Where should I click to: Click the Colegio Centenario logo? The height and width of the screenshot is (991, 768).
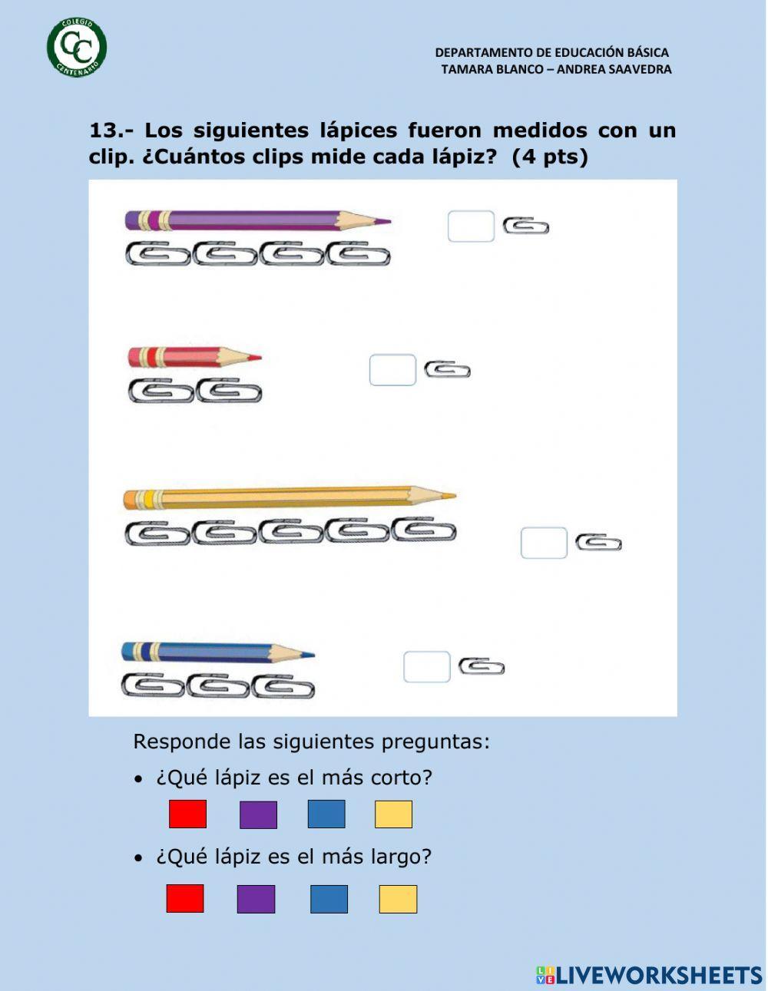coord(77,48)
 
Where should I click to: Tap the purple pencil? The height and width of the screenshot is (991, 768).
coord(257,221)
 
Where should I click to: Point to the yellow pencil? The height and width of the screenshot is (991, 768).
coord(289,497)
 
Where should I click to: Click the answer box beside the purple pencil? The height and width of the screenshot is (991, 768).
coord(471,226)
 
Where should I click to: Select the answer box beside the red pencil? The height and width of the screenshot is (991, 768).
coord(392,370)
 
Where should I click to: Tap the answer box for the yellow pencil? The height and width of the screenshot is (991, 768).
coord(544,543)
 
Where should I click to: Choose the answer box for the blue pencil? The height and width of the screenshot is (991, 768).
coord(426,666)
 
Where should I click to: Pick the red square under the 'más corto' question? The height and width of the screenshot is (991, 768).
coord(187,814)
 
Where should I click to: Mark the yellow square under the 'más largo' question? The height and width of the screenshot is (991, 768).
coord(398,899)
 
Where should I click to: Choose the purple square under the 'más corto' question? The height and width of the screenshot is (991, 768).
coord(258,814)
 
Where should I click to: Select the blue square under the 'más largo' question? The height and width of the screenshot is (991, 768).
coord(329,899)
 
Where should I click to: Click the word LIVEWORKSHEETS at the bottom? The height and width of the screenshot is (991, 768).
coord(659,975)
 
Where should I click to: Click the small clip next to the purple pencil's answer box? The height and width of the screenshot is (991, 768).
coord(526,226)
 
